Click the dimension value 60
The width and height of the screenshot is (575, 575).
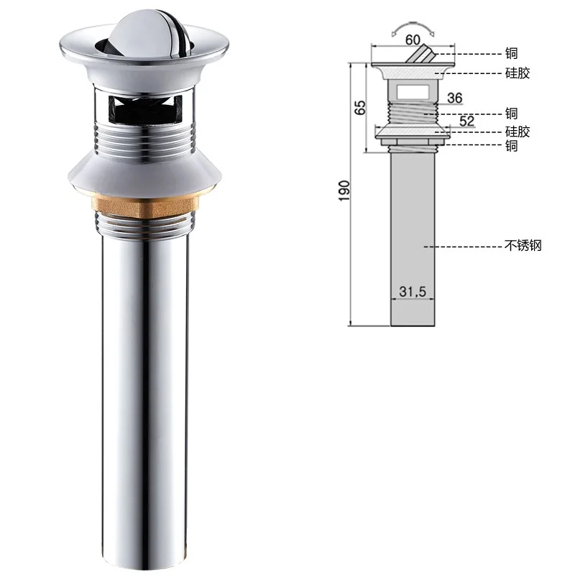click(413, 40)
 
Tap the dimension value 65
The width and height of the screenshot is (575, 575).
click(360, 107)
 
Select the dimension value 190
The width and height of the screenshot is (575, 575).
click(344, 190)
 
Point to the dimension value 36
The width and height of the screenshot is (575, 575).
click(455, 98)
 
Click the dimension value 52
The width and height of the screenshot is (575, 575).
click(466, 121)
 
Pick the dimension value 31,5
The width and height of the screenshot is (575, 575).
click(413, 292)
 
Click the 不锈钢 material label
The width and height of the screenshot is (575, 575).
click(523, 245)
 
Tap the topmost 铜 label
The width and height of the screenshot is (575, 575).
click(511, 53)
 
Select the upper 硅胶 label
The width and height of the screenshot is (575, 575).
click(517, 73)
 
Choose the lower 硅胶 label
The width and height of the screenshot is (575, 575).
click(517, 132)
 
